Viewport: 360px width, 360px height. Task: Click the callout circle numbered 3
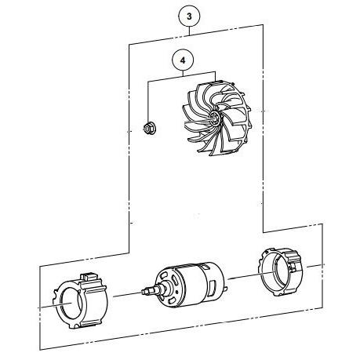[x=189, y=16]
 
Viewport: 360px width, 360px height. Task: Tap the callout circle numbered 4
[x=183, y=60]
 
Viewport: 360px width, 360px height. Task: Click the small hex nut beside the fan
[x=148, y=128]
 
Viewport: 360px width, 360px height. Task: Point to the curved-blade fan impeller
[x=217, y=118]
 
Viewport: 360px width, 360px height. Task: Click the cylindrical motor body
[x=190, y=284]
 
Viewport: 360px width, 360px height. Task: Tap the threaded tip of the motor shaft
[x=145, y=290]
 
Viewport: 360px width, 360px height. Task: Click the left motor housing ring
[x=80, y=300]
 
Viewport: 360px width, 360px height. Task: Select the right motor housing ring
[x=280, y=272]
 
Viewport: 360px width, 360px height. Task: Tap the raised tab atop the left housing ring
[x=89, y=277]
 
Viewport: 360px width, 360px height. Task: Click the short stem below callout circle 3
[x=189, y=31]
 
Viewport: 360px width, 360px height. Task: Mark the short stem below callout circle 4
[x=183, y=74]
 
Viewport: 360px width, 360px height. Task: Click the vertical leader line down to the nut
[x=147, y=102]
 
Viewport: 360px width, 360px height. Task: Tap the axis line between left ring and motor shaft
[x=127, y=294]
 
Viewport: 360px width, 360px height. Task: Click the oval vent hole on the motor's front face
[x=165, y=275]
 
